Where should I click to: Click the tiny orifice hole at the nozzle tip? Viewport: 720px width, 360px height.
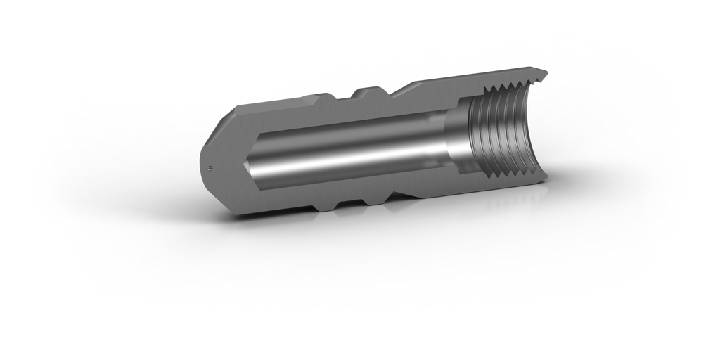tap(212, 167)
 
